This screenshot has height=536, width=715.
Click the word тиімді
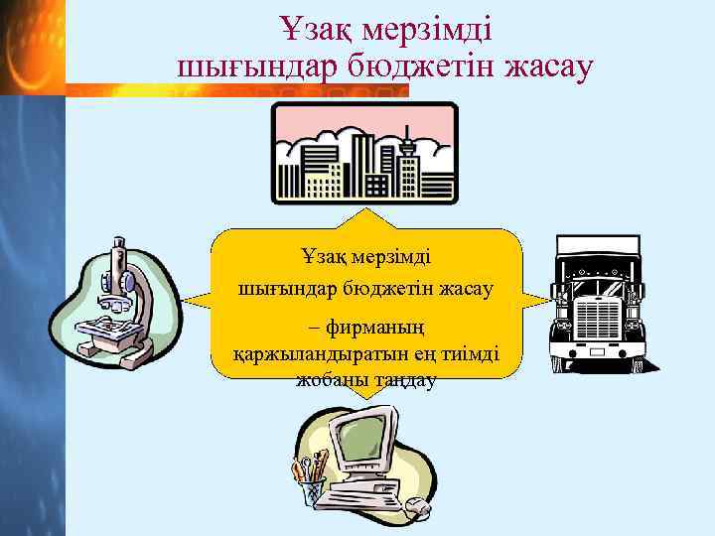point(467,355)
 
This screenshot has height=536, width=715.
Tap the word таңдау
point(402,380)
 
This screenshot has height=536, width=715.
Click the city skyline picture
point(364,153)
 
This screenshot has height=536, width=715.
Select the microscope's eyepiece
point(118,243)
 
